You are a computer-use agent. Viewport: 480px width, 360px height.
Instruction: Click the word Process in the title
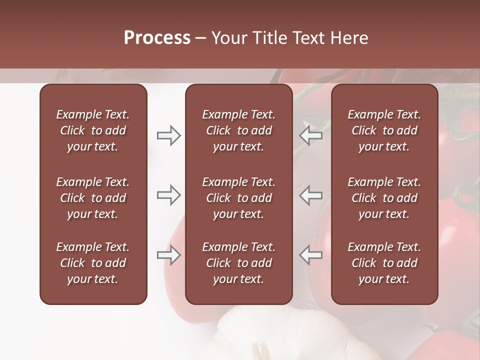pos(157,37)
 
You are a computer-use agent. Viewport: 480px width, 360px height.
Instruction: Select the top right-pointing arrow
pos(169,135)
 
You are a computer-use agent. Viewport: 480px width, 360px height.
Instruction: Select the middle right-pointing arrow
pos(169,195)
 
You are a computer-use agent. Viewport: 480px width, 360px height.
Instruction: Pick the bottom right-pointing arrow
pos(169,255)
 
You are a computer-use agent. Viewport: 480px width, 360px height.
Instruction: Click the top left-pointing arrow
pos(310,135)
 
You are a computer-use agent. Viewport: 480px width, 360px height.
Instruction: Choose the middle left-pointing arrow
pos(310,195)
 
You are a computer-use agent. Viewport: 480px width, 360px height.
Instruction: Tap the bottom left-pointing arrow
pos(310,255)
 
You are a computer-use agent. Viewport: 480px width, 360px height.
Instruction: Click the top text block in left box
pos(93,130)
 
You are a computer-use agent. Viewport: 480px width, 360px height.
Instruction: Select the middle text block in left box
pos(93,198)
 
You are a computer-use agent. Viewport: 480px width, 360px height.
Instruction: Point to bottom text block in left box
pos(93,263)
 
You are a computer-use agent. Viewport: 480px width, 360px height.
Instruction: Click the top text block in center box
pos(239,130)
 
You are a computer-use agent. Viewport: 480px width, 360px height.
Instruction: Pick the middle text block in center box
pos(239,198)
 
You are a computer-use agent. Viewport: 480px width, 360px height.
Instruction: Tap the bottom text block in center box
pos(239,263)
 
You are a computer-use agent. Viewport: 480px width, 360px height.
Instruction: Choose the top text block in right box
pos(384,130)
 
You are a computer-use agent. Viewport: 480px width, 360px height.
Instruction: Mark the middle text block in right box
pos(384,198)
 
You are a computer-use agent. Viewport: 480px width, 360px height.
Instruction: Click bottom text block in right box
pos(384,263)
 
